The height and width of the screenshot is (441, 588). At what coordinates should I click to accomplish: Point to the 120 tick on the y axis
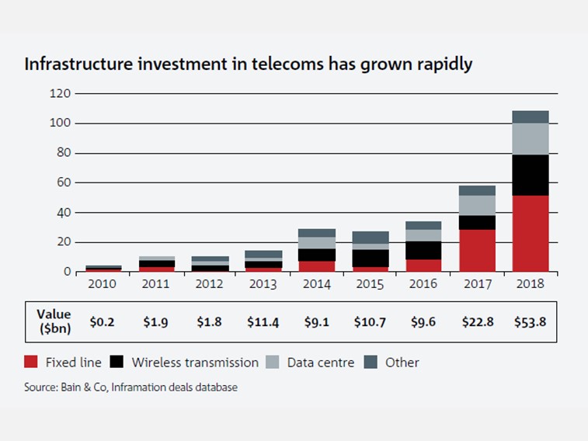point(61,94)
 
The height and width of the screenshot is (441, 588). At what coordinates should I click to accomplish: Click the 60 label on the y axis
point(64,183)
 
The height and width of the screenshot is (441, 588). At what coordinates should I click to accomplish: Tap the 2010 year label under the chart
point(102,285)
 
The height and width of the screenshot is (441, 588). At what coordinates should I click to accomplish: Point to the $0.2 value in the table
point(102,321)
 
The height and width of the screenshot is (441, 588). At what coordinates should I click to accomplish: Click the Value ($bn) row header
point(54,321)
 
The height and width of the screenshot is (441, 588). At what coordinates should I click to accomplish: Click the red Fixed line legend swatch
point(30,363)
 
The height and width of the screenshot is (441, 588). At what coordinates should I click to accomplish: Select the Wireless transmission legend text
point(195,363)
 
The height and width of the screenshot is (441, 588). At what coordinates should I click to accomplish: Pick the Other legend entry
point(402,363)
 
